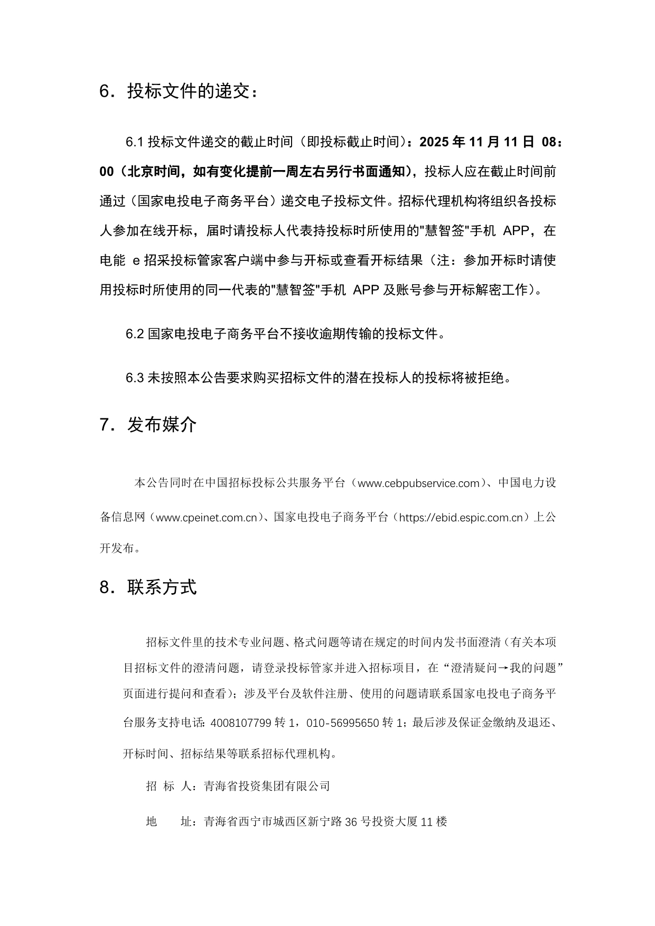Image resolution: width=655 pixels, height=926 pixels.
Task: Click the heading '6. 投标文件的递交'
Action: click(180, 92)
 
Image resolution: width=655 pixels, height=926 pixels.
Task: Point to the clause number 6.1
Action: click(135, 142)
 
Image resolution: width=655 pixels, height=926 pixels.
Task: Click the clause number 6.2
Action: click(135, 334)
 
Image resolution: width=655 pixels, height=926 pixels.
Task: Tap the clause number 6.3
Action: click(135, 378)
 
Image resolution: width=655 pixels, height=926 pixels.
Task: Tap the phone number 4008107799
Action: click(240, 723)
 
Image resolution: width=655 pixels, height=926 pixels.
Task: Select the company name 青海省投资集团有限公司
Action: click(267, 786)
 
